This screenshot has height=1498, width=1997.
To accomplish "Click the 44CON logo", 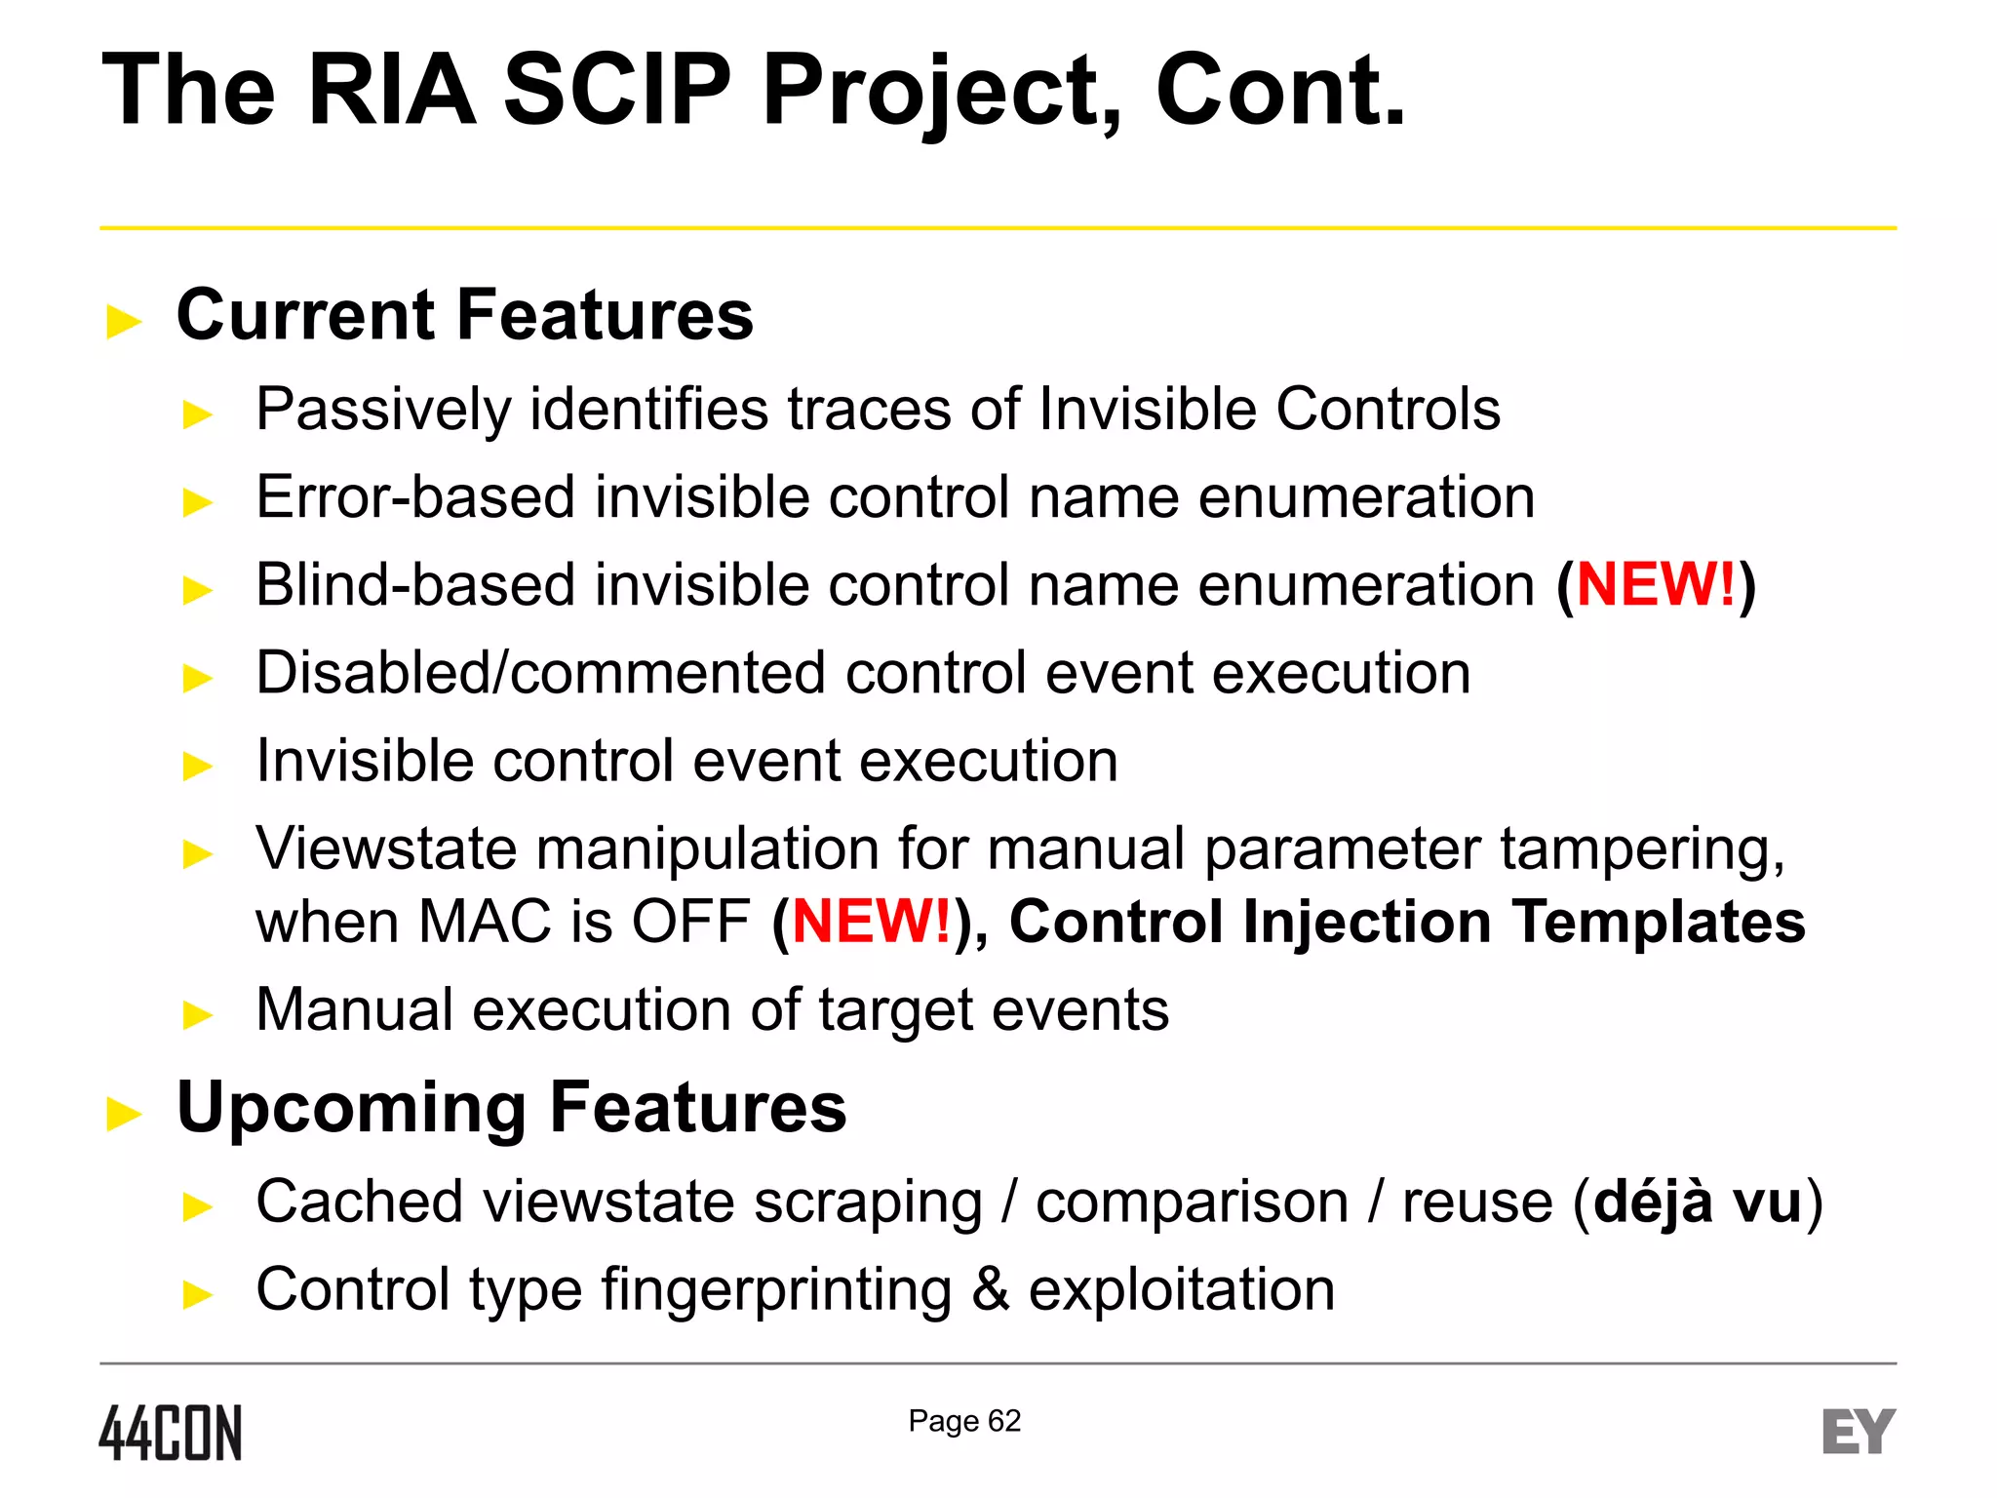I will tap(170, 1433).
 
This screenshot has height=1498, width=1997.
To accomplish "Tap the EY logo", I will tap(1858, 1432).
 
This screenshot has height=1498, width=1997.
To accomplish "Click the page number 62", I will tap(1004, 1421).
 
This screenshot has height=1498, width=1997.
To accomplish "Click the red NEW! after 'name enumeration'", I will tap(1656, 585).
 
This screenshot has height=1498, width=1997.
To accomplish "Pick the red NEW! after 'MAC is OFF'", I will tap(871, 922).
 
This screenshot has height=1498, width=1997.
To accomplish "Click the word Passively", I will tap(383, 409).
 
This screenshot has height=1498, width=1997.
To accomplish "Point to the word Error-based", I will tap(415, 497).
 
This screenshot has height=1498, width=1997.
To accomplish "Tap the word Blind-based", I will tap(415, 585).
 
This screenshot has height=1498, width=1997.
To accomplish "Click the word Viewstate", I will tap(385, 848).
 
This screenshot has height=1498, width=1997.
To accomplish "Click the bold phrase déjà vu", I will tap(1698, 1202).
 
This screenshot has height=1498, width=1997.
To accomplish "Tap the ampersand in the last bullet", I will tap(990, 1289).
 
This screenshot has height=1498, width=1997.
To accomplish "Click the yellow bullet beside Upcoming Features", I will tap(124, 1113).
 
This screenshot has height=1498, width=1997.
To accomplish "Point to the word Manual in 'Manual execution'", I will tap(354, 1009).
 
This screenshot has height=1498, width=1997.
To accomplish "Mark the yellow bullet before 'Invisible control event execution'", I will tap(198, 766).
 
